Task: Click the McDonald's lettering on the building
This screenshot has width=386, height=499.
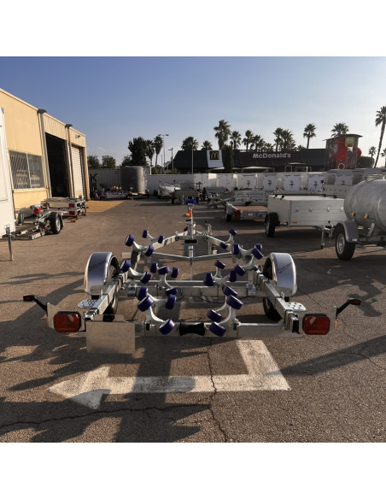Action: (x=272, y=156)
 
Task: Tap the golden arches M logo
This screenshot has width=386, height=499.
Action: (x=214, y=156)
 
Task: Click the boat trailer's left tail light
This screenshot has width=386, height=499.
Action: (x=67, y=322)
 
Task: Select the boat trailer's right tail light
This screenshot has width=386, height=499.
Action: (x=316, y=324)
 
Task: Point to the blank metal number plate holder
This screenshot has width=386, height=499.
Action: (x=110, y=337)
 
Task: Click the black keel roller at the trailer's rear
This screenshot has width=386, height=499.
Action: (x=191, y=329)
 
